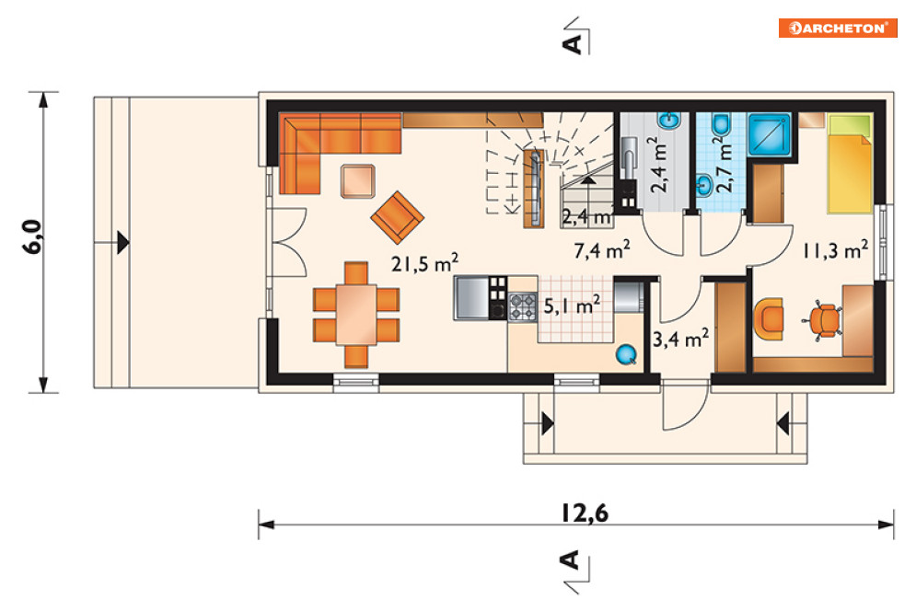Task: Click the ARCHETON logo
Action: click(x=837, y=28)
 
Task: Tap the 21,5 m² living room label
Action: click(x=424, y=263)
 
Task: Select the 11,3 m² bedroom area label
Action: click(x=835, y=250)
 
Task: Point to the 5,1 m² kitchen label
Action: click(x=572, y=305)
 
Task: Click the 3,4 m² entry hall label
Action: click(x=680, y=339)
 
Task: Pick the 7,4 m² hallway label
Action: click(x=602, y=250)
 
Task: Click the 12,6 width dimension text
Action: click(x=585, y=513)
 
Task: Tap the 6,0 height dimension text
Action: click(x=33, y=236)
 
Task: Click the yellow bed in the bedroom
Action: click(x=850, y=164)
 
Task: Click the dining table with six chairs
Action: click(x=356, y=315)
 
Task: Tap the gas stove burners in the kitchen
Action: click(x=522, y=306)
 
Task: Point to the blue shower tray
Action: click(x=770, y=134)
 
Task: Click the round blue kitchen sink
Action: click(x=626, y=354)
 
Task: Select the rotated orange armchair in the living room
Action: click(x=398, y=217)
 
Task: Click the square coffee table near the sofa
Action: click(x=358, y=181)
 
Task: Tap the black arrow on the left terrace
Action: click(x=122, y=242)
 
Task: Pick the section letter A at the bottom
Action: click(x=570, y=559)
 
